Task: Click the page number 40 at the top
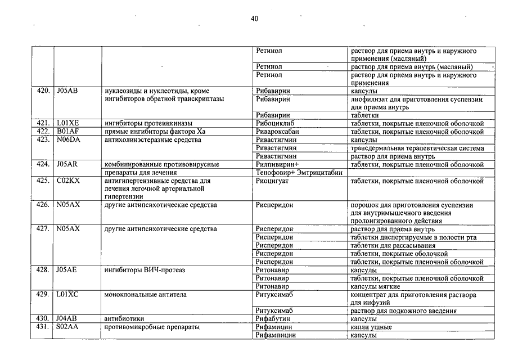click(x=254, y=19)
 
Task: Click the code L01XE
click(x=68, y=123)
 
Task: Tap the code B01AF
click(x=67, y=132)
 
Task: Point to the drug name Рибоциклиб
click(x=275, y=123)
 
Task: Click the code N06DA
click(x=69, y=139)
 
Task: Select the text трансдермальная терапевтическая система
click(x=417, y=148)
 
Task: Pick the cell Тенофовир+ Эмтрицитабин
click(x=299, y=173)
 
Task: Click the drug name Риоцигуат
click(x=273, y=181)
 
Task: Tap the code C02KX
click(x=69, y=181)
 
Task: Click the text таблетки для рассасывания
click(x=393, y=246)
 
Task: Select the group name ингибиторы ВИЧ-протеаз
click(x=145, y=270)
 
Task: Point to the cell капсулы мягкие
click(x=375, y=287)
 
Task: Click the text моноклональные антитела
click(x=146, y=295)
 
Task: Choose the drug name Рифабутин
click(x=273, y=319)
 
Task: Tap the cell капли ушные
click(x=371, y=327)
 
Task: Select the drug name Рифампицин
click(x=276, y=335)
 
